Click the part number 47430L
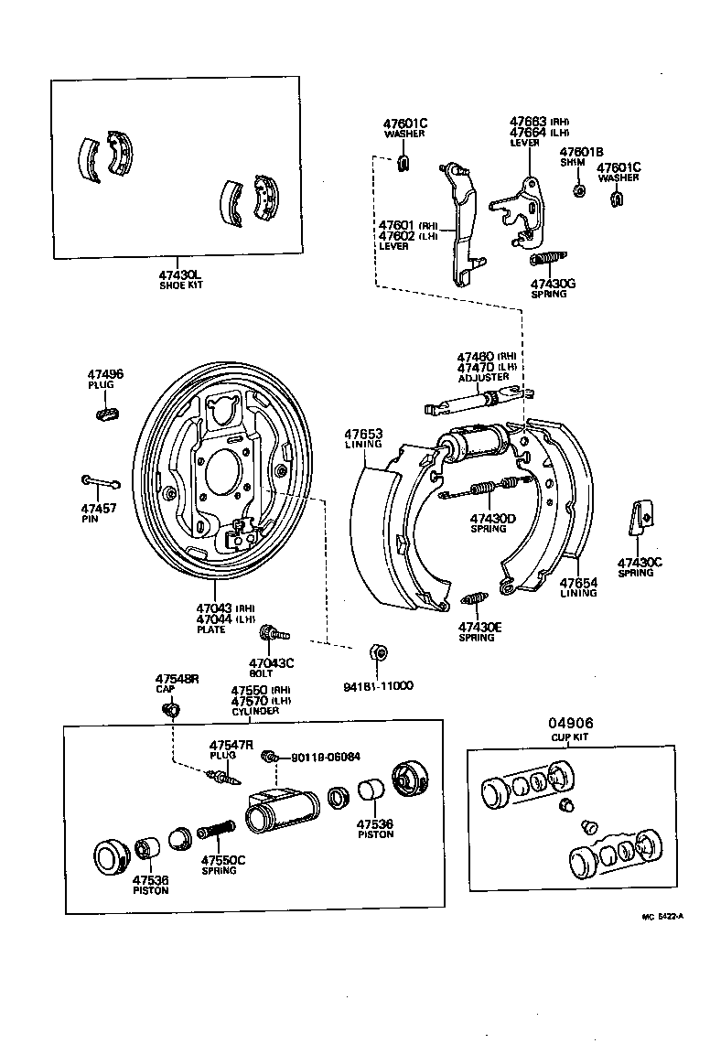[180, 274]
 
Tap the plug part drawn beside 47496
[107, 414]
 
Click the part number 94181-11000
[378, 685]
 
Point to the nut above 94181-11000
[377, 652]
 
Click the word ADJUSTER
[484, 377]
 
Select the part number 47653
[363, 434]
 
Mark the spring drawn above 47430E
[476, 601]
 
